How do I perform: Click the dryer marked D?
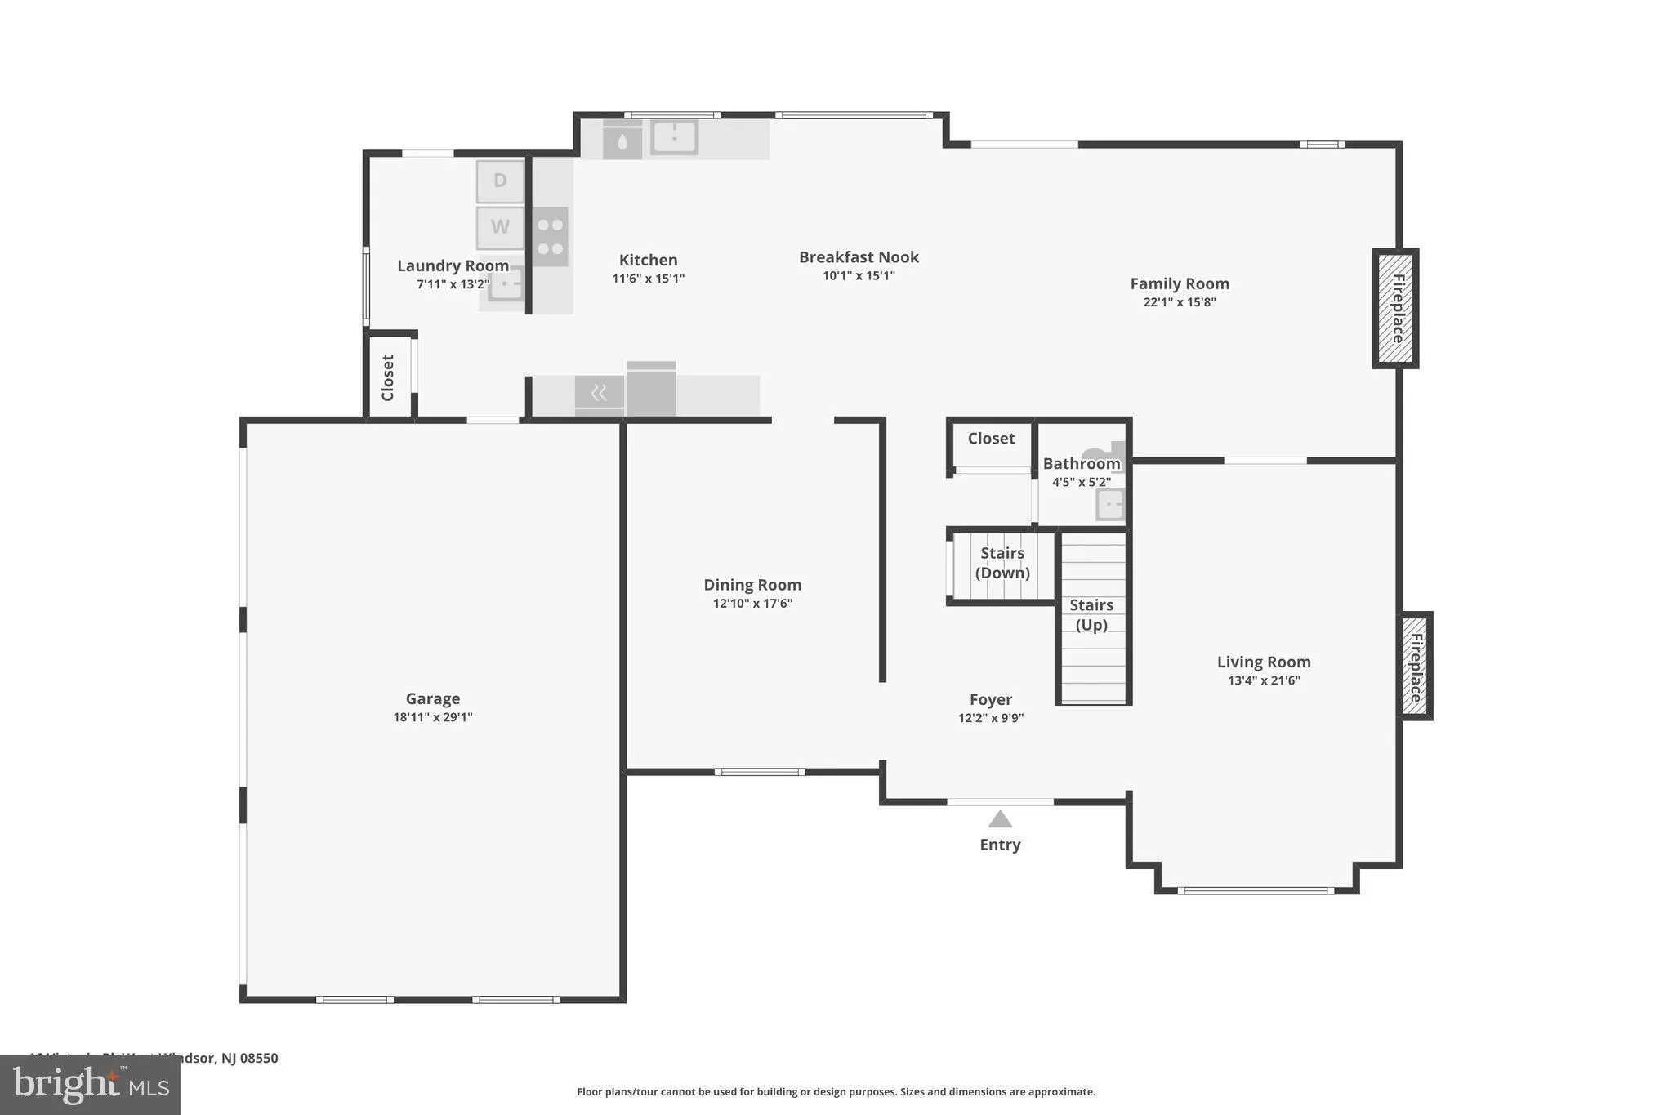click(500, 181)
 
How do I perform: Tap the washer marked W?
click(500, 227)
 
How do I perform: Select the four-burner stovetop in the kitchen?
click(550, 237)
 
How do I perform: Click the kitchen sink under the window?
click(674, 137)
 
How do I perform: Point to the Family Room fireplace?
click(1395, 309)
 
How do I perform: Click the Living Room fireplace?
click(1416, 667)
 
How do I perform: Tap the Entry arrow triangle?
click(1000, 819)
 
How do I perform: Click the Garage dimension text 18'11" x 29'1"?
click(433, 717)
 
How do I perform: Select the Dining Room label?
click(752, 585)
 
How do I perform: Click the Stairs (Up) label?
click(1091, 614)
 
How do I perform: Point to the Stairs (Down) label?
click(1002, 563)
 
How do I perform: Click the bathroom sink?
click(1110, 504)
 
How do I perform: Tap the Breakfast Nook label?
click(859, 257)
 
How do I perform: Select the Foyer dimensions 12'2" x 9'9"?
click(991, 718)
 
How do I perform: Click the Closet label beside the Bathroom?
click(991, 439)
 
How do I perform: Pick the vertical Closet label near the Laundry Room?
click(388, 377)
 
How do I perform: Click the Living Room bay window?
click(1256, 890)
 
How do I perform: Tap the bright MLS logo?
click(90, 1085)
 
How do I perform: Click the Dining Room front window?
click(760, 772)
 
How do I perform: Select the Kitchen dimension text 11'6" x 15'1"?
click(648, 279)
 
